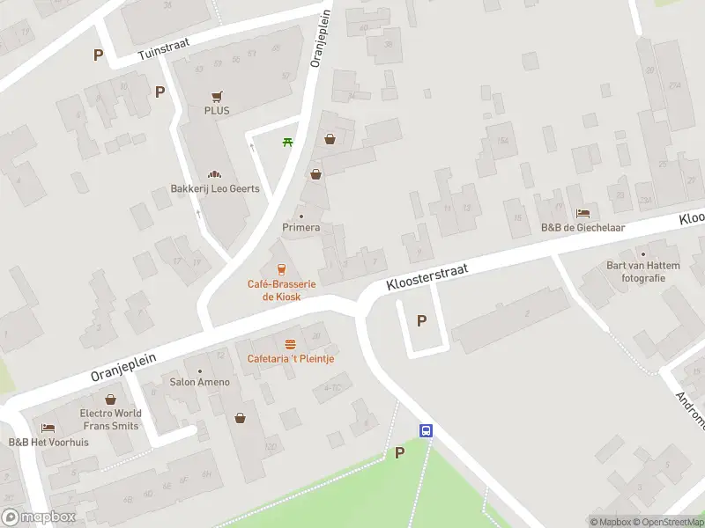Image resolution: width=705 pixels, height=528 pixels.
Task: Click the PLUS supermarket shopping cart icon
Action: pyautogui.click(x=216, y=97)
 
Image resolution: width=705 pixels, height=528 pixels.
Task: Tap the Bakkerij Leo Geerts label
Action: pyautogui.click(x=209, y=188)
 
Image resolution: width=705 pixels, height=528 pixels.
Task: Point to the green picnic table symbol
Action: pyautogui.click(x=287, y=143)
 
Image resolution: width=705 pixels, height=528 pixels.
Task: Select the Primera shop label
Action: pyautogui.click(x=301, y=227)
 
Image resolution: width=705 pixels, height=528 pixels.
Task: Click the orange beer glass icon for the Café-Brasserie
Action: pyautogui.click(x=281, y=269)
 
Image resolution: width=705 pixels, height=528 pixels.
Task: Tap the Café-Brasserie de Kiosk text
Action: pyautogui.click(x=281, y=290)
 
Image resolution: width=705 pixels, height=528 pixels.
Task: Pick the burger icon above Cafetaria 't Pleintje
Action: pyautogui.click(x=290, y=344)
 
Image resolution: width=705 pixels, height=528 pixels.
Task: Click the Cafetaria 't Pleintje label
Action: pyautogui.click(x=290, y=358)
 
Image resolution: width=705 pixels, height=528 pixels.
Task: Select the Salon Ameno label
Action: pyautogui.click(x=199, y=382)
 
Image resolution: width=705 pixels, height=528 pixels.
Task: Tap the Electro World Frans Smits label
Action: pyautogui.click(x=110, y=419)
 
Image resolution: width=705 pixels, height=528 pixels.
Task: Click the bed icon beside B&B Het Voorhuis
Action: pyautogui.click(x=48, y=429)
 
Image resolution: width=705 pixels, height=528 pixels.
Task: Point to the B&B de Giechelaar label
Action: pyautogui.click(x=582, y=227)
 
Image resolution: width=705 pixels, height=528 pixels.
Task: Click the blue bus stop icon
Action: pyautogui.click(x=427, y=430)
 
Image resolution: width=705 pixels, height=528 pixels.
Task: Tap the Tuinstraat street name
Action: pyautogui.click(x=164, y=53)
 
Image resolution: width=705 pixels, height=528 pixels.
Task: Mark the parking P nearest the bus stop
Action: pyautogui.click(x=399, y=453)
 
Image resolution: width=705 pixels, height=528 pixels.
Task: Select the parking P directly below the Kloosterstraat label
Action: pyautogui.click(x=421, y=321)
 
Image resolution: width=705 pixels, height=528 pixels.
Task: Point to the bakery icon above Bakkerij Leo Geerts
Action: pyautogui.click(x=211, y=174)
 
